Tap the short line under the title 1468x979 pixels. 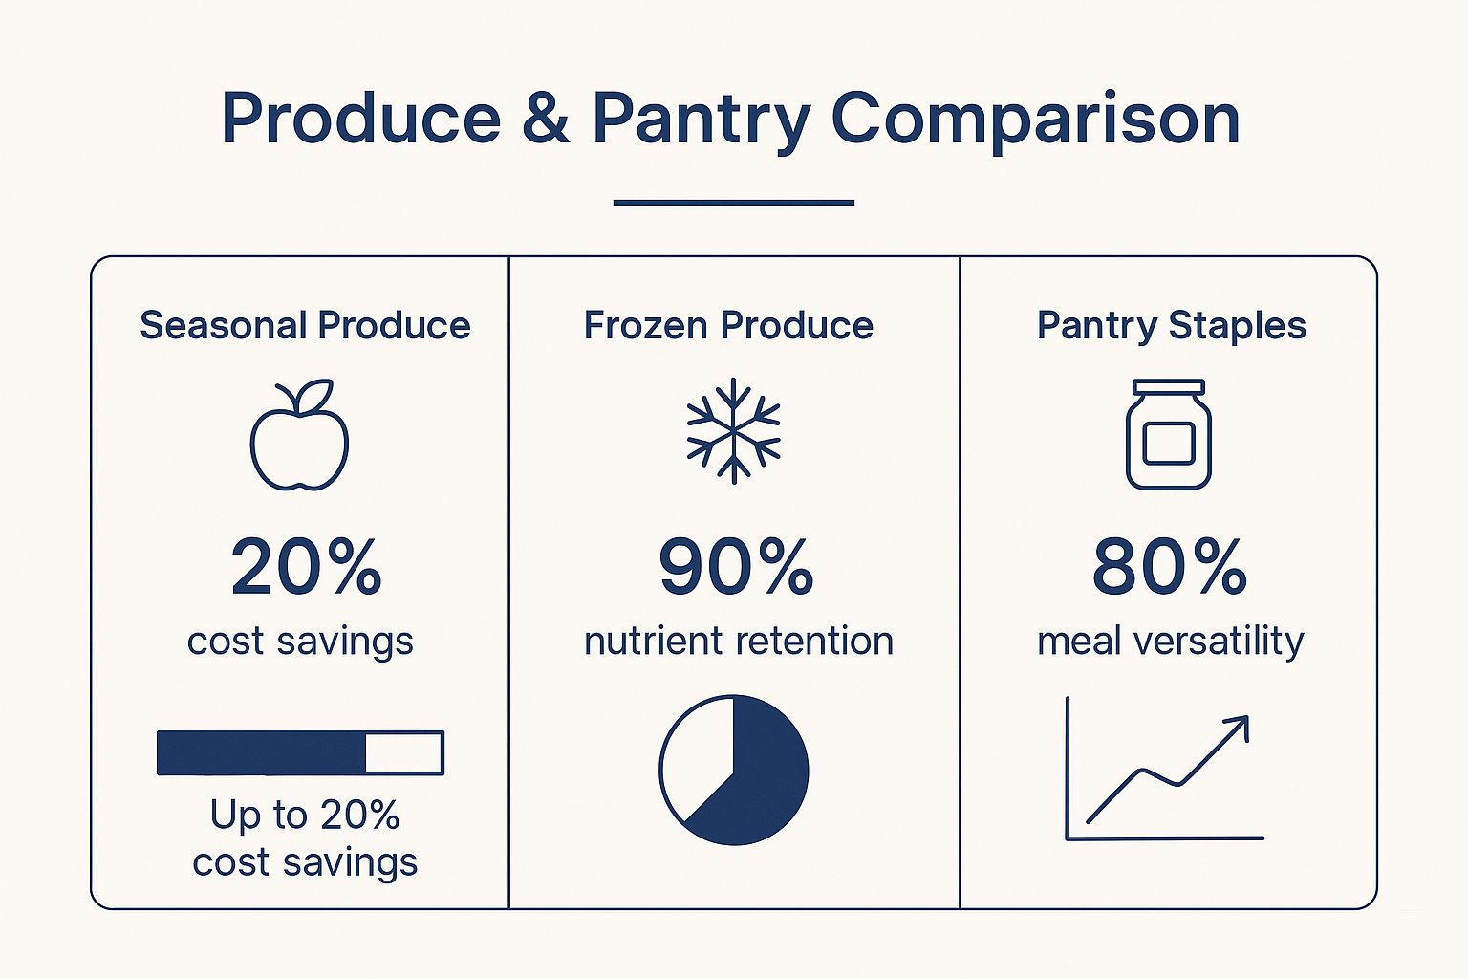[733, 203]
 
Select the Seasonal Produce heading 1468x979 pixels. [305, 325]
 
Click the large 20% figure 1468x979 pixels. [306, 567]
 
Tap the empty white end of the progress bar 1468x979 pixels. [403, 752]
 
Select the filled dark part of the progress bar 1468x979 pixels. [261, 752]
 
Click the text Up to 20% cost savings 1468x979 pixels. [305, 838]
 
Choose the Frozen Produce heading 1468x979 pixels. [728, 325]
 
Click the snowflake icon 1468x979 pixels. [733, 430]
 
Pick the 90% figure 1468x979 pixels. [736, 567]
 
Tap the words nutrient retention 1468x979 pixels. [738, 641]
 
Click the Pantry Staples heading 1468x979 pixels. [1171, 325]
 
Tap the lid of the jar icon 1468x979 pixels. [1168, 387]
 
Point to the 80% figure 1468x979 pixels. [1169, 567]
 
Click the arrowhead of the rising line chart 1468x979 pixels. [1239, 726]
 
